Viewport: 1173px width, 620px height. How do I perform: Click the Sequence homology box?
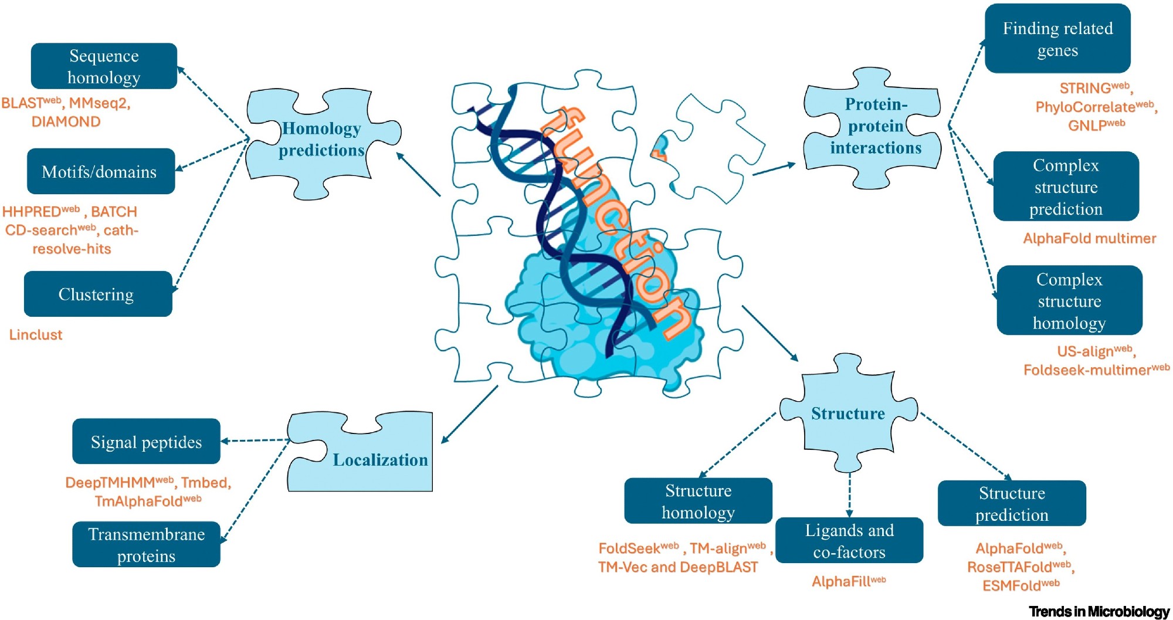pos(104,66)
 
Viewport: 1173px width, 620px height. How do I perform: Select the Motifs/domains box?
pos(101,171)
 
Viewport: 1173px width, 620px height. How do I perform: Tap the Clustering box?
pos(98,294)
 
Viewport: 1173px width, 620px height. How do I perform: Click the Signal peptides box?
pos(146,442)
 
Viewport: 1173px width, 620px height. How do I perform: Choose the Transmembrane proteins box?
pos(146,544)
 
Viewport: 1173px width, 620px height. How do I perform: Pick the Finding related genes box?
pos(1057,39)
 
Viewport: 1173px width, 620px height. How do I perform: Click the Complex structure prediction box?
pos(1066,187)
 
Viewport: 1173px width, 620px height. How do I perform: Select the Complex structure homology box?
pos(1069,300)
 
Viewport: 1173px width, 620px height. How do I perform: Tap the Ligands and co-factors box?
pos(849,540)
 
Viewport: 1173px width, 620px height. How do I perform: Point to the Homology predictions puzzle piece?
pos(321,140)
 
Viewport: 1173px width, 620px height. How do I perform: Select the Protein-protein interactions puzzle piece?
pos(875,126)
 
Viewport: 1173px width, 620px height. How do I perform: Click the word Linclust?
pos(36,335)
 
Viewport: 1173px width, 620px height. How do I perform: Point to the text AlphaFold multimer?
pos(1089,238)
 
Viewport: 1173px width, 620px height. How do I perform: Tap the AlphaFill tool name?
pos(842,581)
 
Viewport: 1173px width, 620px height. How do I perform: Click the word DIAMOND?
pos(66,121)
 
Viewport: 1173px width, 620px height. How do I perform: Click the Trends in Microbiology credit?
pos(1099,611)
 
